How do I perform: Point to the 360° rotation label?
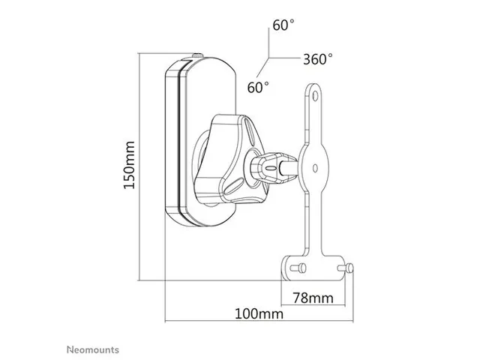(317, 58)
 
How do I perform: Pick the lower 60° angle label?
(257, 87)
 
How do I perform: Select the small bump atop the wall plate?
(196, 55)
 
